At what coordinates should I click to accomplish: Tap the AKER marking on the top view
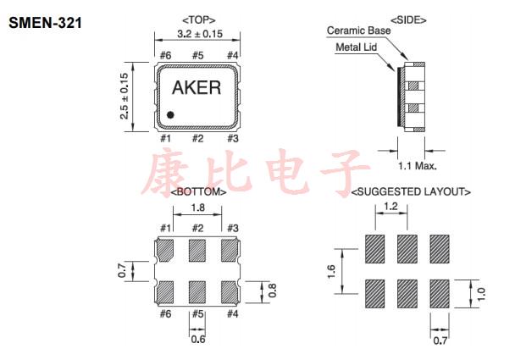(x=197, y=88)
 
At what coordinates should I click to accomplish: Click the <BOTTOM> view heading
(x=198, y=193)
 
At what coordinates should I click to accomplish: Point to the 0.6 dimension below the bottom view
(x=197, y=340)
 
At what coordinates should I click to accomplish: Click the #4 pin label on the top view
(x=231, y=56)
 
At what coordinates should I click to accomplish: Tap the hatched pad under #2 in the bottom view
(x=197, y=250)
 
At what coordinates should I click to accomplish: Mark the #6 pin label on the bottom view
(x=165, y=313)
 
